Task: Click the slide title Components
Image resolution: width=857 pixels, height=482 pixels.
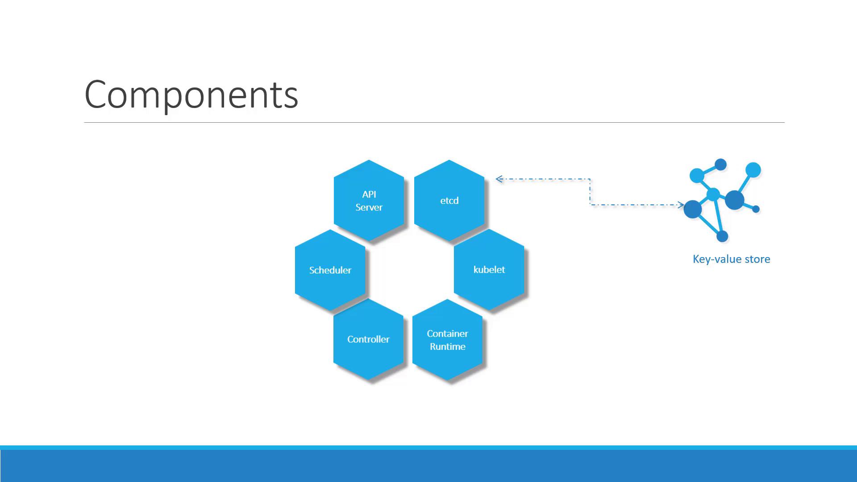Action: click(x=191, y=95)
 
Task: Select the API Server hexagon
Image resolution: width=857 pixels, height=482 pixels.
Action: click(x=369, y=200)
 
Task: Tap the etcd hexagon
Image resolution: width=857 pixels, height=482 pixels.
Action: click(x=449, y=200)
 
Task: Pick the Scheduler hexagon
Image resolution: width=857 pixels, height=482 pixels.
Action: click(x=330, y=270)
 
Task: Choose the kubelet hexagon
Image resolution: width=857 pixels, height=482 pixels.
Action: click(x=489, y=270)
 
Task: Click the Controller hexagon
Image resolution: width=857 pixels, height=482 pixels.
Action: click(x=368, y=339)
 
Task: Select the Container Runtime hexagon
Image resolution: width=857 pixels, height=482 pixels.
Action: click(x=447, y=340)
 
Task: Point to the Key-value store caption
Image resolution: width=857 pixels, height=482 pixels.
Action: click(x=731, y=259)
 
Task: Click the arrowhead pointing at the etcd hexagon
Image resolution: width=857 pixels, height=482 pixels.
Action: click(x=499, y=179)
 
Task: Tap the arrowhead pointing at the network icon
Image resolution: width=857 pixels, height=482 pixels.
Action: click(x=680, y=205)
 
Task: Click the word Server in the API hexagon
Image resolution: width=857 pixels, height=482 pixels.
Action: click(x=369, y=207)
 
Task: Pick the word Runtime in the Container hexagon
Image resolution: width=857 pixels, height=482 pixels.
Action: click(x=448, y=346)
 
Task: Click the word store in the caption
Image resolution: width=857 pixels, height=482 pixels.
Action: click(x=757, y=259)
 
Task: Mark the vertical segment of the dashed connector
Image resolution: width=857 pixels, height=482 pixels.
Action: click(x=590, y=192)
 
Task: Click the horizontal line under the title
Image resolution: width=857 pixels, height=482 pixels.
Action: click(x=434, y=122)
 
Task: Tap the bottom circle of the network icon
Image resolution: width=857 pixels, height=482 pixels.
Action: click(x=722, y=236)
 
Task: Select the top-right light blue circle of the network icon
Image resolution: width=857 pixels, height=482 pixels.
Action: click(x=753, y=170)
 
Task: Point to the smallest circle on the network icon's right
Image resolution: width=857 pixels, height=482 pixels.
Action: click(x=756, y=209)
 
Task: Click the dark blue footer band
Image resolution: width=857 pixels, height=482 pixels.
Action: click(x=428, y=465)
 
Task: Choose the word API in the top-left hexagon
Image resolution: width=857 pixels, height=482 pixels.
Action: click(x=369, y=194)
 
